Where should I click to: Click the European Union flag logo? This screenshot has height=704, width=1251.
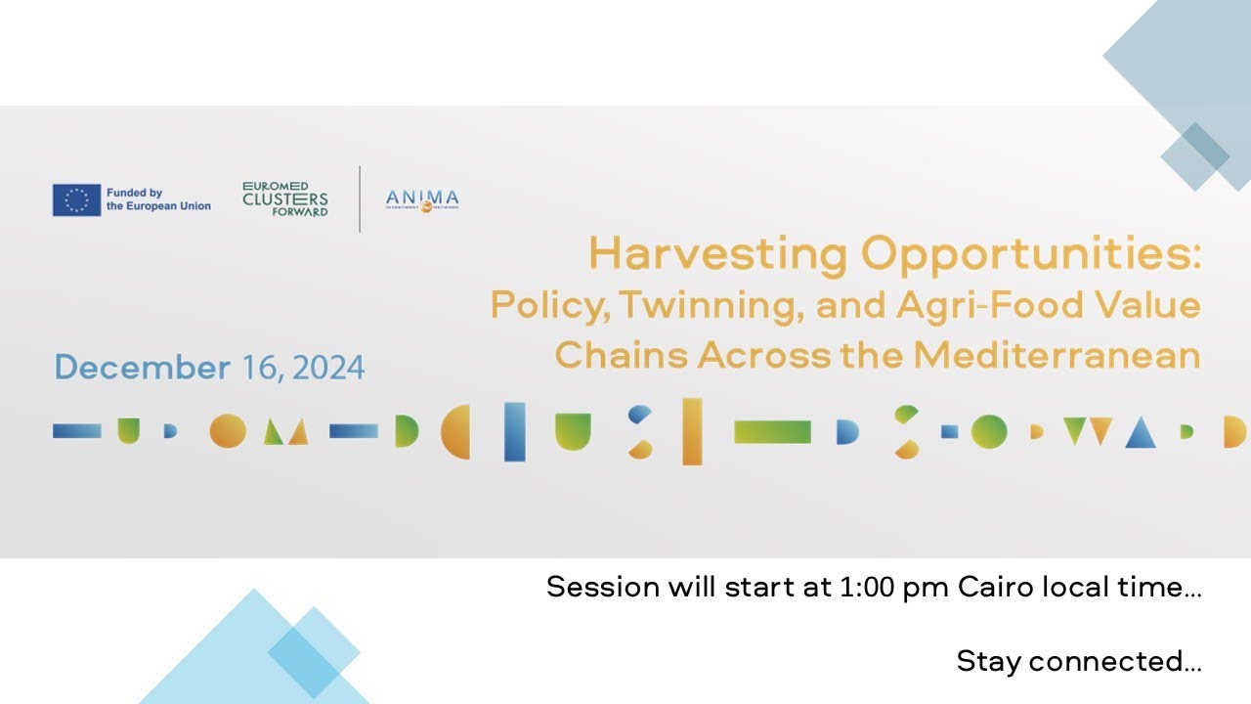[x=76, y=199]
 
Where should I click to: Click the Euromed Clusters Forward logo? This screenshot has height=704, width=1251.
[x=285, y=198]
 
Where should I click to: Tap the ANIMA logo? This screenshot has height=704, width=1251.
[x=422, y=199]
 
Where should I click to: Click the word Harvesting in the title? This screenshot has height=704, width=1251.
[x=717, y=256]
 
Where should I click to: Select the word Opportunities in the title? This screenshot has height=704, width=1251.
[x=1030, y=256]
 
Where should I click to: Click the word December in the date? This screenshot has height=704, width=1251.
[x=143, y=368]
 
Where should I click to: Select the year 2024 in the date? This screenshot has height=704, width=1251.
[x=328, y=368]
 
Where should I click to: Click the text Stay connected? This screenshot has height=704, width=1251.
[x=1078, y=661]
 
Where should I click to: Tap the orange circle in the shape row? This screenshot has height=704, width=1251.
[x=228, y=431]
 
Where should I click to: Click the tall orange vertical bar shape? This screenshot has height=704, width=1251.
[x=692, y=431]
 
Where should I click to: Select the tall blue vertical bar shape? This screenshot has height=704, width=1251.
[x=514, y=431]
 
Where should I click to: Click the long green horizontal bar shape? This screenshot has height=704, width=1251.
[x=772, y=431]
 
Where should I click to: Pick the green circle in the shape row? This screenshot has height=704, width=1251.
[x=988, y=431]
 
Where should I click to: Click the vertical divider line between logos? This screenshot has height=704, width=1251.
[x=360, y=198]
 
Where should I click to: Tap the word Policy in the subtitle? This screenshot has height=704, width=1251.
[x=548, y=306]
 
